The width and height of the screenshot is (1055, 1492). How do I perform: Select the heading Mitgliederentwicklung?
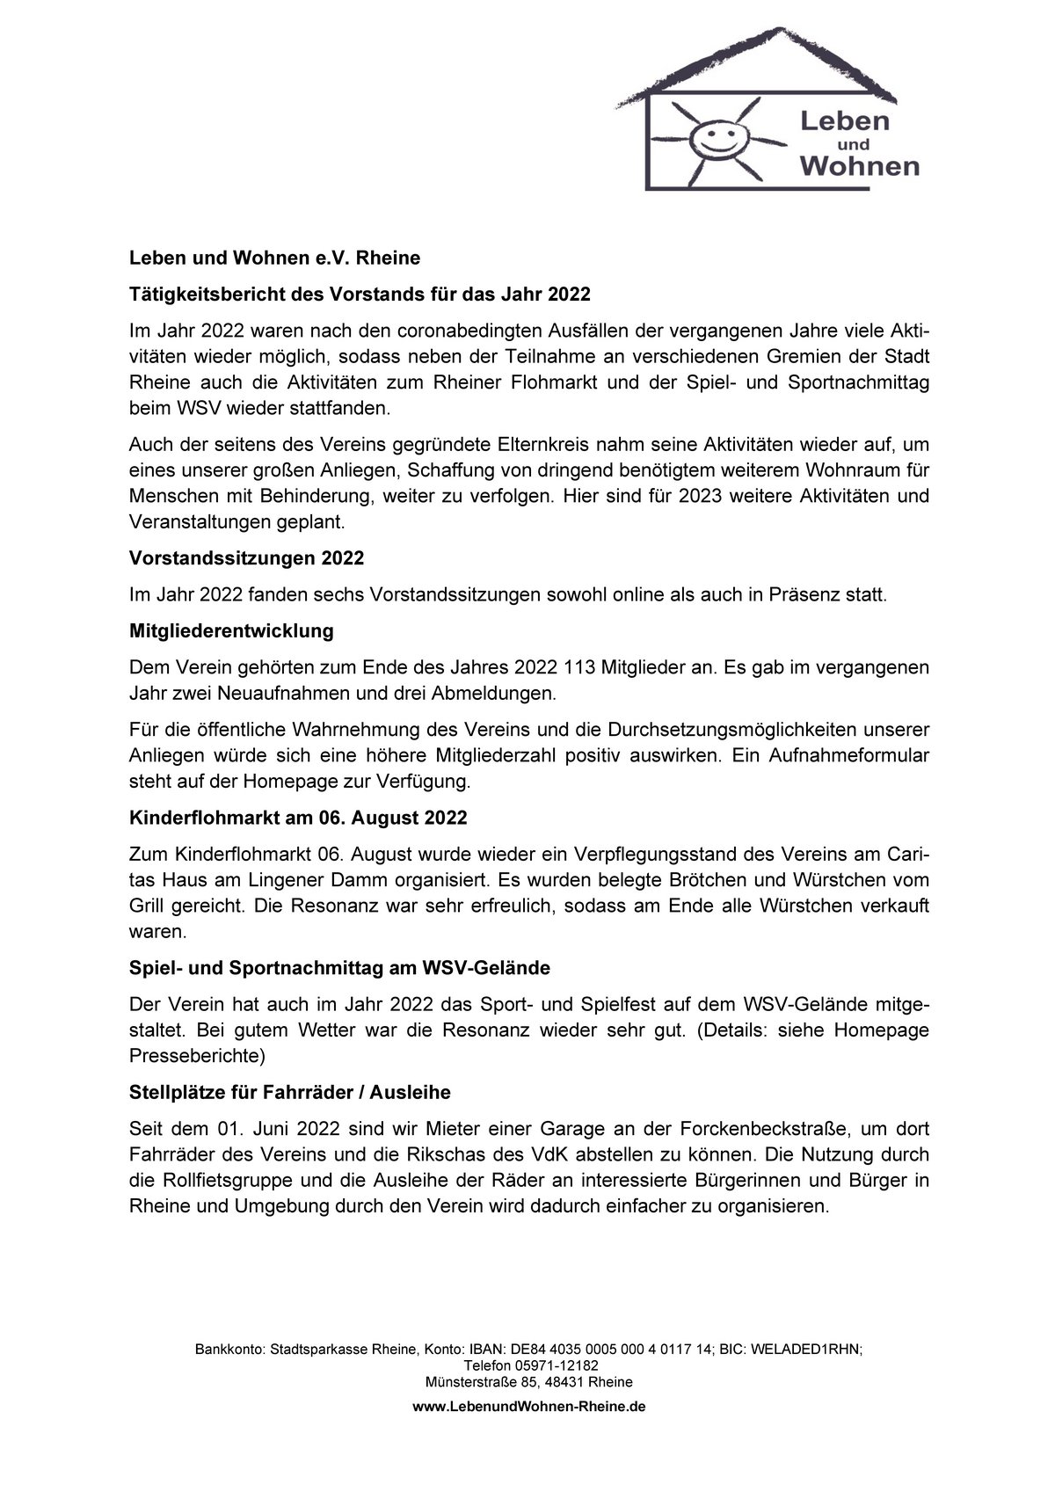pyautogui.click(x=231, y=630)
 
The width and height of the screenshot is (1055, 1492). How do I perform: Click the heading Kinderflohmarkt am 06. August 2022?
pyautogui.click(x=298, y=817)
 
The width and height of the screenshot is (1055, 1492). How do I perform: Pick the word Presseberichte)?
pyautogui.click(x=197, y=1054)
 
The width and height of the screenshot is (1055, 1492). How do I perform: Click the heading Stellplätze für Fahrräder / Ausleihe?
pyautogui.click(x=289, y=1092)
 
